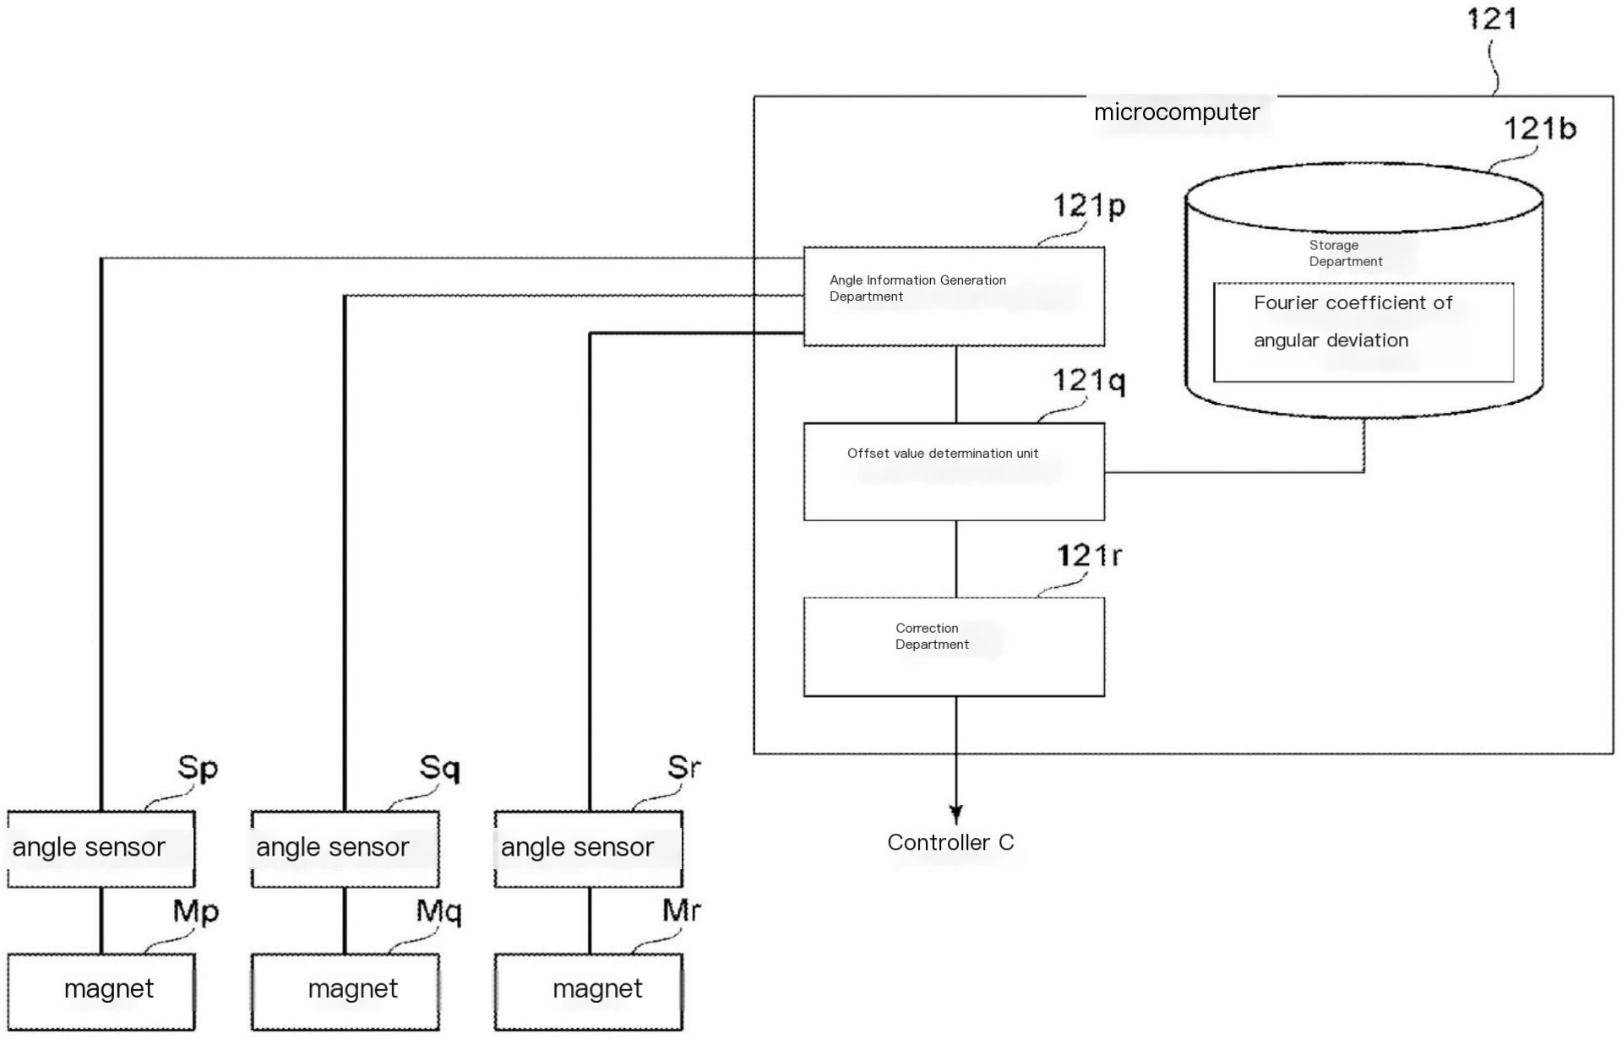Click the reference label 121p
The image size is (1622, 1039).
pos(1089,205)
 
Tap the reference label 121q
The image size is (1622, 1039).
pos(1089,381)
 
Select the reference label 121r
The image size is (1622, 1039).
pos(1089,556)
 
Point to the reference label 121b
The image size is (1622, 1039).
pos(1539,128)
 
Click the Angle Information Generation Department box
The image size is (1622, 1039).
pos(954,296)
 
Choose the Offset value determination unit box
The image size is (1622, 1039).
pos(954,472)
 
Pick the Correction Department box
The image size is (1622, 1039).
pos(954,647)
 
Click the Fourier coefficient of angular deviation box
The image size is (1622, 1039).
pos(1363,332)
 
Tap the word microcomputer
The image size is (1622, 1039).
pos(1176,112)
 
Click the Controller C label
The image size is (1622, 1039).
pos(950,842)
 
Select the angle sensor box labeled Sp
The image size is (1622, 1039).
pos(101,849)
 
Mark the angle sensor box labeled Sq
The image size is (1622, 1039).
pos(345,849)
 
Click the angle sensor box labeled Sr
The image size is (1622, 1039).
pos(588,849)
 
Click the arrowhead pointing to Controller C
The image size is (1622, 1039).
pos(955,814)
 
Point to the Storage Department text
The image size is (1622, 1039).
pos(1345,253)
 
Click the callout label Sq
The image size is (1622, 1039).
pos(439,768)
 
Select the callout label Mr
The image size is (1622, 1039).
pos(681,911)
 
